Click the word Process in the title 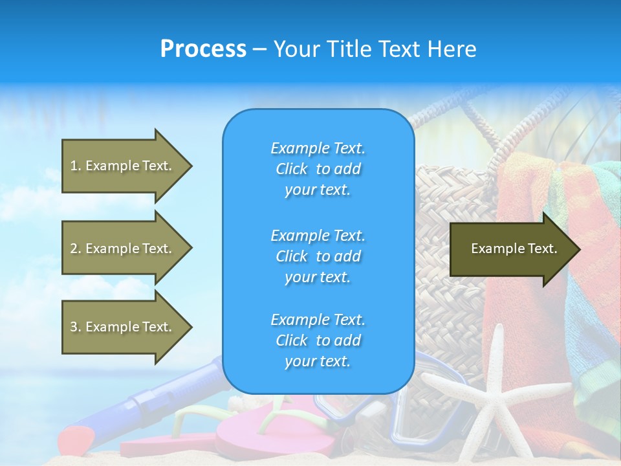[x=203, y=49]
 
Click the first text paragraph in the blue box [x=318, y=169]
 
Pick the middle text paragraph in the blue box [x=318, y=256]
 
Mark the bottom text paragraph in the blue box [x=318, y=340]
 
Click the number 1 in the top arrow [x=74, y=166]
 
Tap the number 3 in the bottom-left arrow [x=74, y=327]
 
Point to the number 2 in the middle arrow [x=74, y=249]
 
